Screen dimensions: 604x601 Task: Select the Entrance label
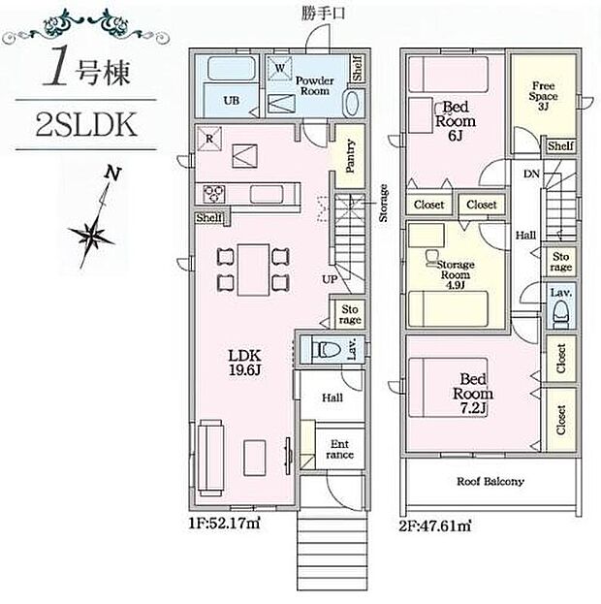pyautogui.click(x=339, y=448)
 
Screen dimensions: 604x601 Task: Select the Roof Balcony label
pyautogui.click(x=490, y=481)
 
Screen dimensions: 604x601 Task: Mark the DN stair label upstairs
pyautogui.click(x=530, y=175)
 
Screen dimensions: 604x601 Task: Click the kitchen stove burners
pyautogui.click(x=213, y=191)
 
